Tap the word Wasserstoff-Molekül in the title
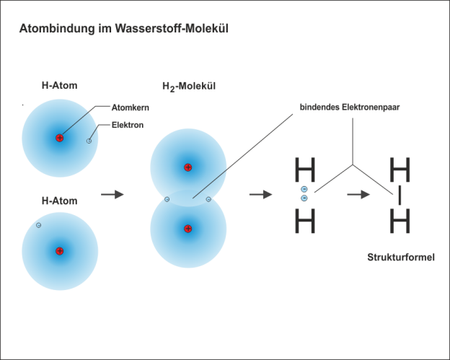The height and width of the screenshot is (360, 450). (x=172, y=28)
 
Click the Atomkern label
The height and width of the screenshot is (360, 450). (x=131, y=107)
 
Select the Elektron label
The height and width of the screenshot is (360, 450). (x=128, y=125)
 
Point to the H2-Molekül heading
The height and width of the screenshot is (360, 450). (x=189, y=87)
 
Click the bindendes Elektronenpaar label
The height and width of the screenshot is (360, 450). (x=350, y=107)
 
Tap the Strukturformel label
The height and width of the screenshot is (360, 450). (x=401, y=257)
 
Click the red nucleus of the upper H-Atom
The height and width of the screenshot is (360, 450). (x=59, y=138)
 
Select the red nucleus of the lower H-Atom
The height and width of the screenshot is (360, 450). (x=59, y=251)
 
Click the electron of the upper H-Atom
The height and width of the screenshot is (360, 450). (x=89, y=141)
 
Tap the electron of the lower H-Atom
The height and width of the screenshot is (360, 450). (x=38, y=225)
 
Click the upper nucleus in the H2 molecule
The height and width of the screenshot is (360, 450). (x=188, y=167)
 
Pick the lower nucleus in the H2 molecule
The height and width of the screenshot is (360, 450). (x=188, y=229)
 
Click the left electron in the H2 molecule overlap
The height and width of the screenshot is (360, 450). (x=167, y=199)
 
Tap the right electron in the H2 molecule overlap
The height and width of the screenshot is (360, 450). (x=208, y=199)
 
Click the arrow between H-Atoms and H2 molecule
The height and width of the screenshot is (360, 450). (x=112, y=194)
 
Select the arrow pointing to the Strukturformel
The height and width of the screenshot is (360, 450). (x=358, y=194)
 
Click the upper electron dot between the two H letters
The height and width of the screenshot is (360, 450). (x=304, y=189)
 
